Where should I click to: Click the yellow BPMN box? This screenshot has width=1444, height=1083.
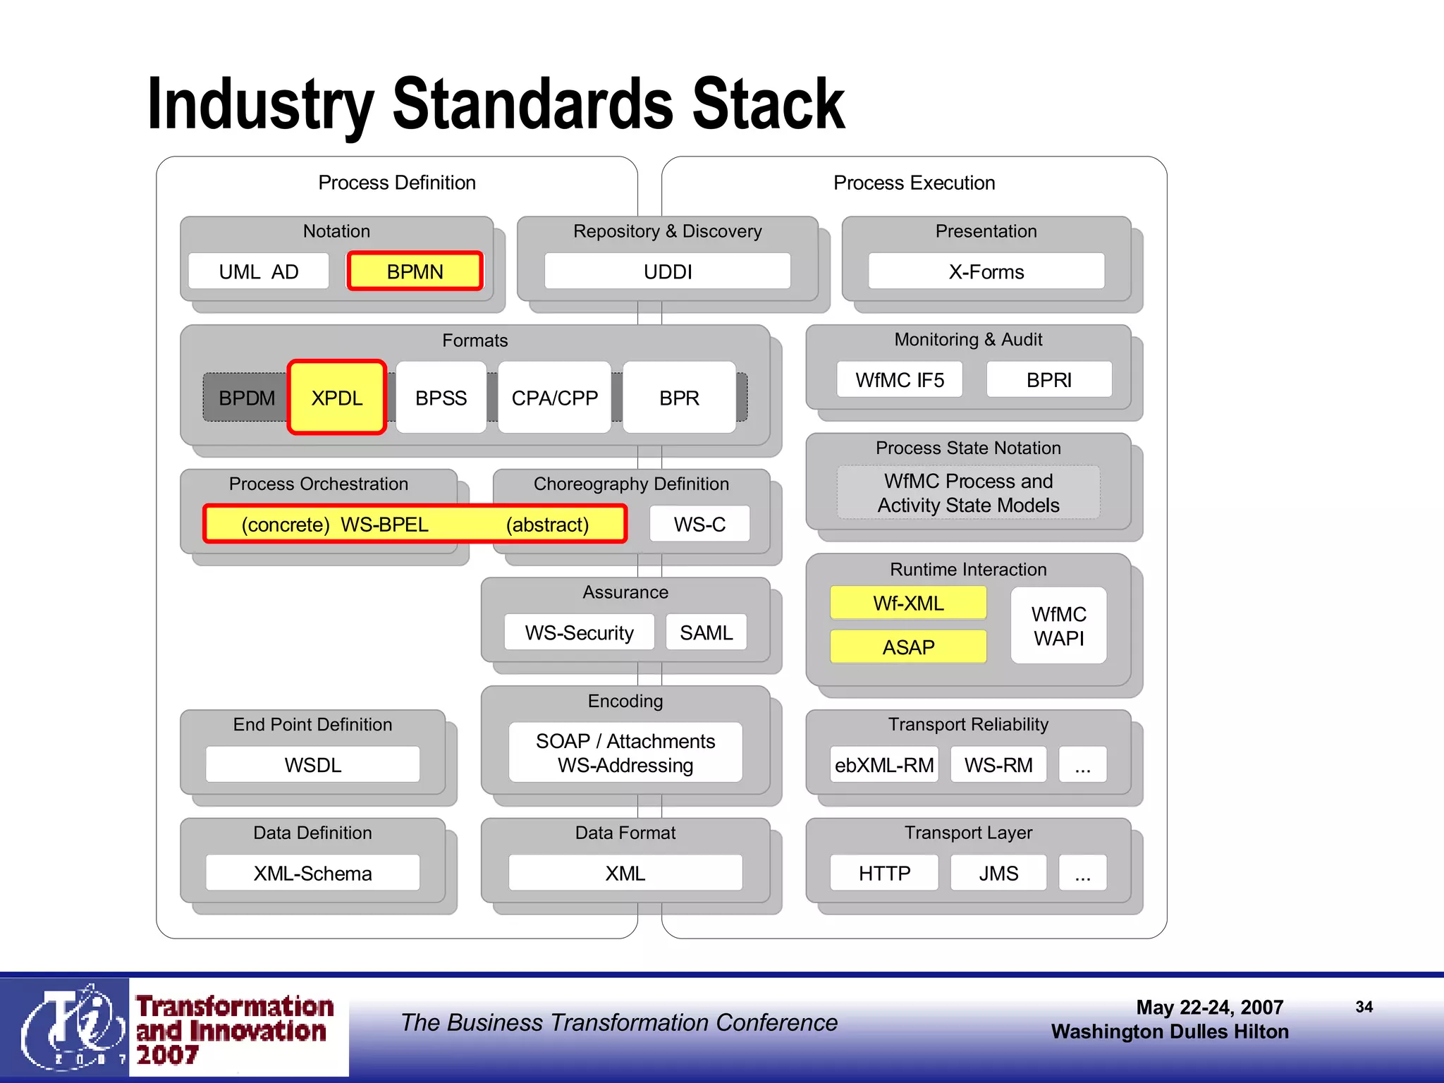[415, 271]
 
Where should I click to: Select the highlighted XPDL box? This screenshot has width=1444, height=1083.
[337, 398]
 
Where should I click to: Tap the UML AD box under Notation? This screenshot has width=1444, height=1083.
[259, 271]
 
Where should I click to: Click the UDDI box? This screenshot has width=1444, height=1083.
[667, 271]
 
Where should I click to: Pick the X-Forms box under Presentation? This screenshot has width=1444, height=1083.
[986, 271]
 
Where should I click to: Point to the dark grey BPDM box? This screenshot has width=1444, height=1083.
[246, 398]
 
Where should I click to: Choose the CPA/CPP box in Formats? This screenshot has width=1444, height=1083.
[554, 398]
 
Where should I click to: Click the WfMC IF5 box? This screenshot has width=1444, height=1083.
[899, 380]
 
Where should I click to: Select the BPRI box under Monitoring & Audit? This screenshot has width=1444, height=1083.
[1048, 380]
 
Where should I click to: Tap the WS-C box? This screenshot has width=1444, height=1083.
[699, 524]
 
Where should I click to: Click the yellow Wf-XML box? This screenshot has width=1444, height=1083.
[908, 603]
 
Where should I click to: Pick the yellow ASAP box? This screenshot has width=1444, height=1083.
[908, 647]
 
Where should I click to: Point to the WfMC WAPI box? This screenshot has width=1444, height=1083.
[1058, 625]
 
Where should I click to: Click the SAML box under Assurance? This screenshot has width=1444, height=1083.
[706, 632]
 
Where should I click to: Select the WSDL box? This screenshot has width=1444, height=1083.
[312, 764]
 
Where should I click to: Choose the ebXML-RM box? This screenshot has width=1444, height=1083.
[884, 764]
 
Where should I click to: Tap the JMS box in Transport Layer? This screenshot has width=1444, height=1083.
[998, 873]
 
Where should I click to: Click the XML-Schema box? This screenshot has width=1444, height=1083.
[312, 873]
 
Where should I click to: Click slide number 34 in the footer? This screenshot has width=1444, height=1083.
[1364, 1007]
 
